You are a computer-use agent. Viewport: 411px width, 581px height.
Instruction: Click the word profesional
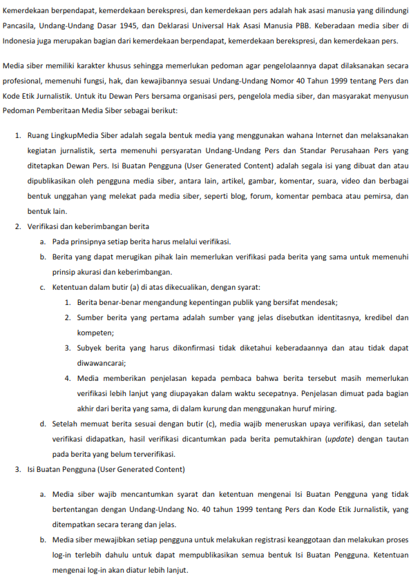23,81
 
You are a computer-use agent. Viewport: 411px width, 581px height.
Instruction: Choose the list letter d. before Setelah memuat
43,423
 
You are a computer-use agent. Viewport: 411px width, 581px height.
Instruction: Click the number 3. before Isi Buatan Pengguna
19,469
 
